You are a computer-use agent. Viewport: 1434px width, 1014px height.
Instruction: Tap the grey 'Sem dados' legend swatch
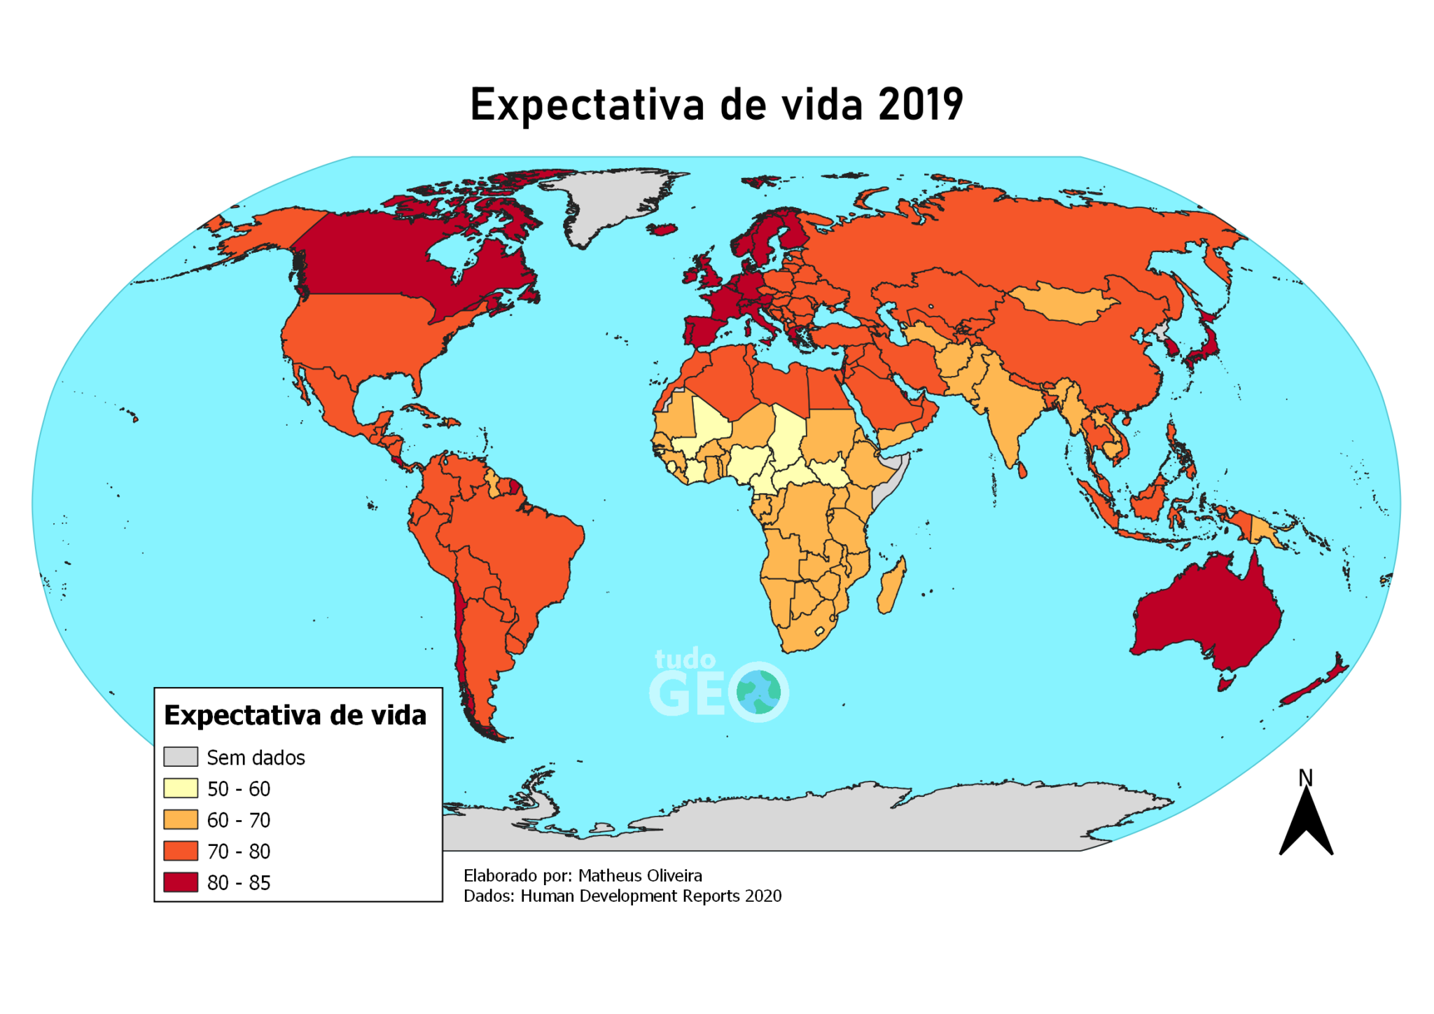coord(181,757)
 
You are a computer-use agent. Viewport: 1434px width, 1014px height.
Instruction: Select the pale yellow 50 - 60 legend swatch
coord(181,789)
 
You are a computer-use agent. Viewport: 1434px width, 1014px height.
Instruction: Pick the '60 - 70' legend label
coord(238,820)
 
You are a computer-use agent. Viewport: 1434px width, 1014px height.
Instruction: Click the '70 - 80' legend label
coord(238,852)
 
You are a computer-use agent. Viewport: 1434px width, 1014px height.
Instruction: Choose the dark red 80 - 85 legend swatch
coord(181,882)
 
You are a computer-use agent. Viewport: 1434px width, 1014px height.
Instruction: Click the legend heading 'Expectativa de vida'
coord(295,716)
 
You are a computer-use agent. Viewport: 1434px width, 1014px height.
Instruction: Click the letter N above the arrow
coord(1305,778)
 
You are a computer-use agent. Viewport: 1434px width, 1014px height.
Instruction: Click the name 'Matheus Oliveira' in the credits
coord(640,875)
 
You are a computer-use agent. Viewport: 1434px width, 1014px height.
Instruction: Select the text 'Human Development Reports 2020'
coord(650,896)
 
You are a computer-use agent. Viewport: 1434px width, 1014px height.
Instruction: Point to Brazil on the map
coord(518,553)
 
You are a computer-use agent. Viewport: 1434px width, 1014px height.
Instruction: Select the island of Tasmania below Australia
coord(1225,681)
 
